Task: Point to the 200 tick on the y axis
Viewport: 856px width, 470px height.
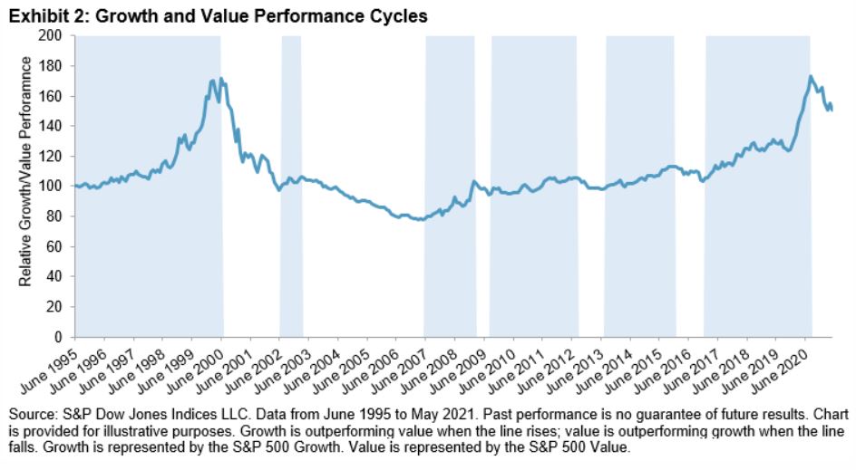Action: [x=57, y=36]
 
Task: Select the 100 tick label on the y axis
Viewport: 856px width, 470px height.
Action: [x=57, y=187]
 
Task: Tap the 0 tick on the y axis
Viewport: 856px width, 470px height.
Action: [x=63, y=337]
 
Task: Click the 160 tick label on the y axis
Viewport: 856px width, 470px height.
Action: [x=57, y=97]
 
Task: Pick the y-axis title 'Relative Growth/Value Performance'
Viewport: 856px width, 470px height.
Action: [x=26, y=172]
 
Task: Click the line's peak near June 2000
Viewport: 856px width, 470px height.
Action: [x=221, y=79]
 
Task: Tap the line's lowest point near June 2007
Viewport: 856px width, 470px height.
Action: [x=419, y=220]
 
